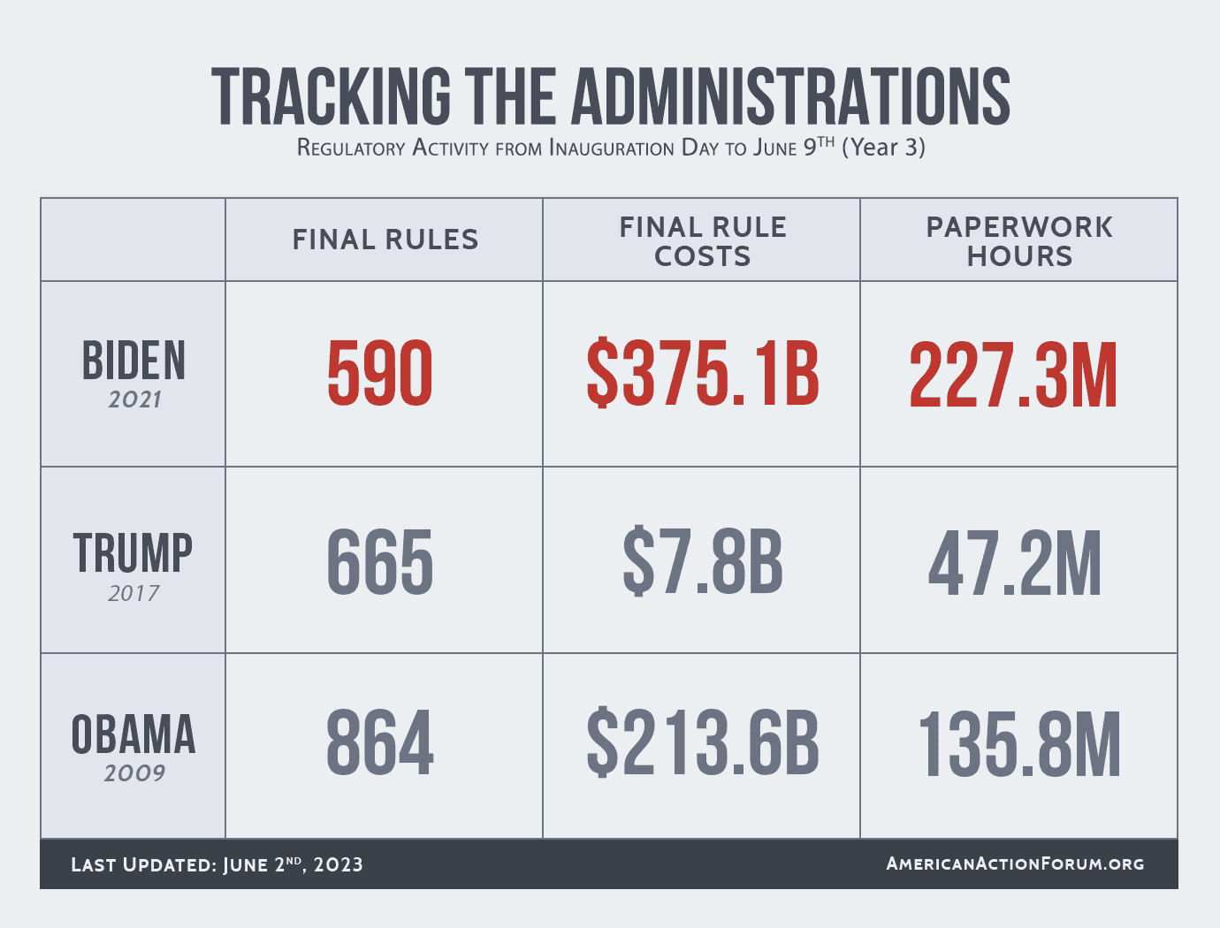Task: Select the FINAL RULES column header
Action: tap(385, 240)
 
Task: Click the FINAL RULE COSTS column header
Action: tap(703, 241)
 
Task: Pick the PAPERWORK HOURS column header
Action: tap(1019, 241)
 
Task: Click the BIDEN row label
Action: tap(133, 361)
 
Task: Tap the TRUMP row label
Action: tap(133, 553)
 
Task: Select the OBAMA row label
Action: tap(133, 735)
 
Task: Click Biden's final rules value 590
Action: tap(380, 375)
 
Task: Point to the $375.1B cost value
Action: tap(703, 375)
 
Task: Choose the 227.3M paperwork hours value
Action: tap(1014, 375)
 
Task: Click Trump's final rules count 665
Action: tap(380, 562)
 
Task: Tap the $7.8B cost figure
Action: tap(703, 562)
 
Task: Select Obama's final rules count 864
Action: tap(380, 744)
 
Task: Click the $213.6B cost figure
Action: tap(703, 744)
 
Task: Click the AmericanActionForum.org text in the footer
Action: tap(1015, 863)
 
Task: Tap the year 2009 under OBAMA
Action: tap(134, 773)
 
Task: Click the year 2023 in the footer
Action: tap(339, 864)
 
